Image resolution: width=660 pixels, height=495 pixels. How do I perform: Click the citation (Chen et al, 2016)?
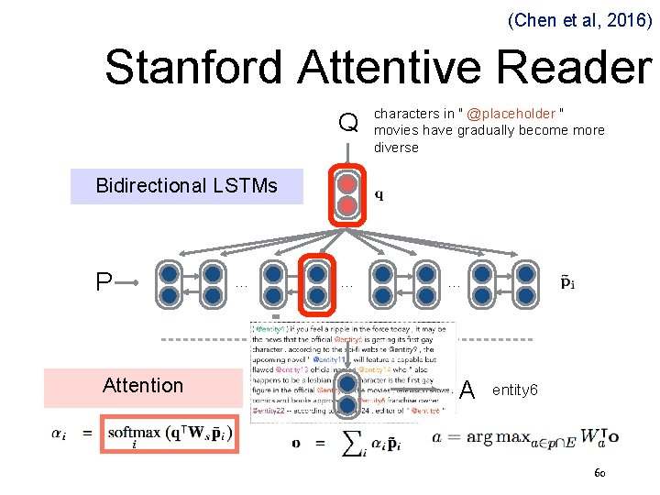coord(578,17)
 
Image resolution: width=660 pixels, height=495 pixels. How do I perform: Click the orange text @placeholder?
coord(511,114)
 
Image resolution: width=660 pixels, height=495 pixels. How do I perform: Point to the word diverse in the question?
coord(396,148)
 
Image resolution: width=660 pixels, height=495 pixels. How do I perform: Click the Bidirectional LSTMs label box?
coord(187,186)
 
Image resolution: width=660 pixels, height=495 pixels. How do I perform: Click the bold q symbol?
coord(379,194)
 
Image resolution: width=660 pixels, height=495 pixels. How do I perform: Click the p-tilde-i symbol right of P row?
coord(568,282)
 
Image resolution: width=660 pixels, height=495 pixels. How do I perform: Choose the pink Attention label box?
coord(143,386)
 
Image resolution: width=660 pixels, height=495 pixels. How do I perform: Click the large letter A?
coord(467,391)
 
